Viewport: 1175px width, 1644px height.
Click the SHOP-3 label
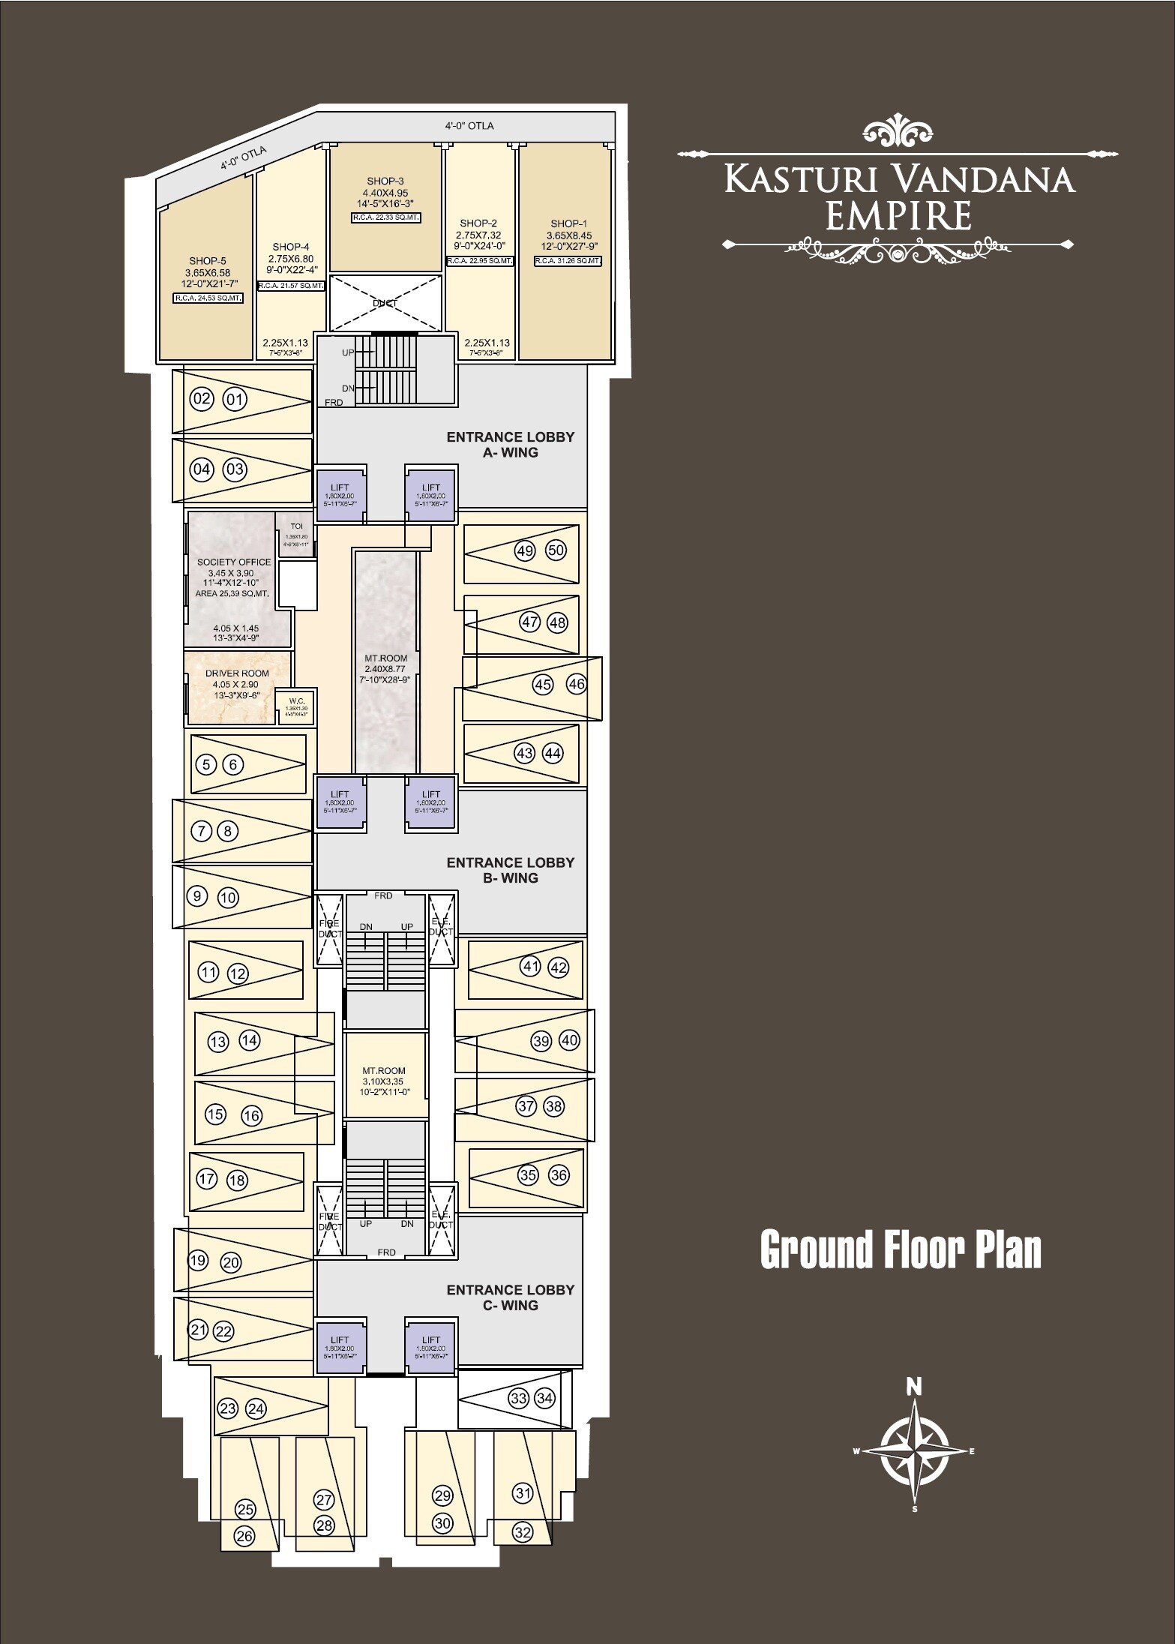[385, 181]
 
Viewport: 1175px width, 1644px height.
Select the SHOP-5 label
[208, 261]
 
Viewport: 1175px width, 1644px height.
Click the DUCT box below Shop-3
[385, 303]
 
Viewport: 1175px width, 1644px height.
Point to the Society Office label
[233, 562]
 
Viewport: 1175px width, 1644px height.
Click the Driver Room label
[237, 673]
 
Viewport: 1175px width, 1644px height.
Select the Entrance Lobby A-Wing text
[510, 444]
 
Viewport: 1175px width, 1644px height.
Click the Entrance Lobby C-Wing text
[510, 1297]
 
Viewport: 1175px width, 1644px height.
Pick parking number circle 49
[525, 551]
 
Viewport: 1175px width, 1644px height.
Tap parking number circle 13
[217, 1042]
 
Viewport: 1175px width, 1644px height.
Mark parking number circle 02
[202, 399]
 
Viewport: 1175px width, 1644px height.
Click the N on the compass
[913, 1387]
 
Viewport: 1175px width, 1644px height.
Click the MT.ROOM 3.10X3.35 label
[384, 1071]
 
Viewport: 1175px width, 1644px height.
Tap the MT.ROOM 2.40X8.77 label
[386, 658]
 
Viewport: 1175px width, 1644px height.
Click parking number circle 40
[570, 1040]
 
